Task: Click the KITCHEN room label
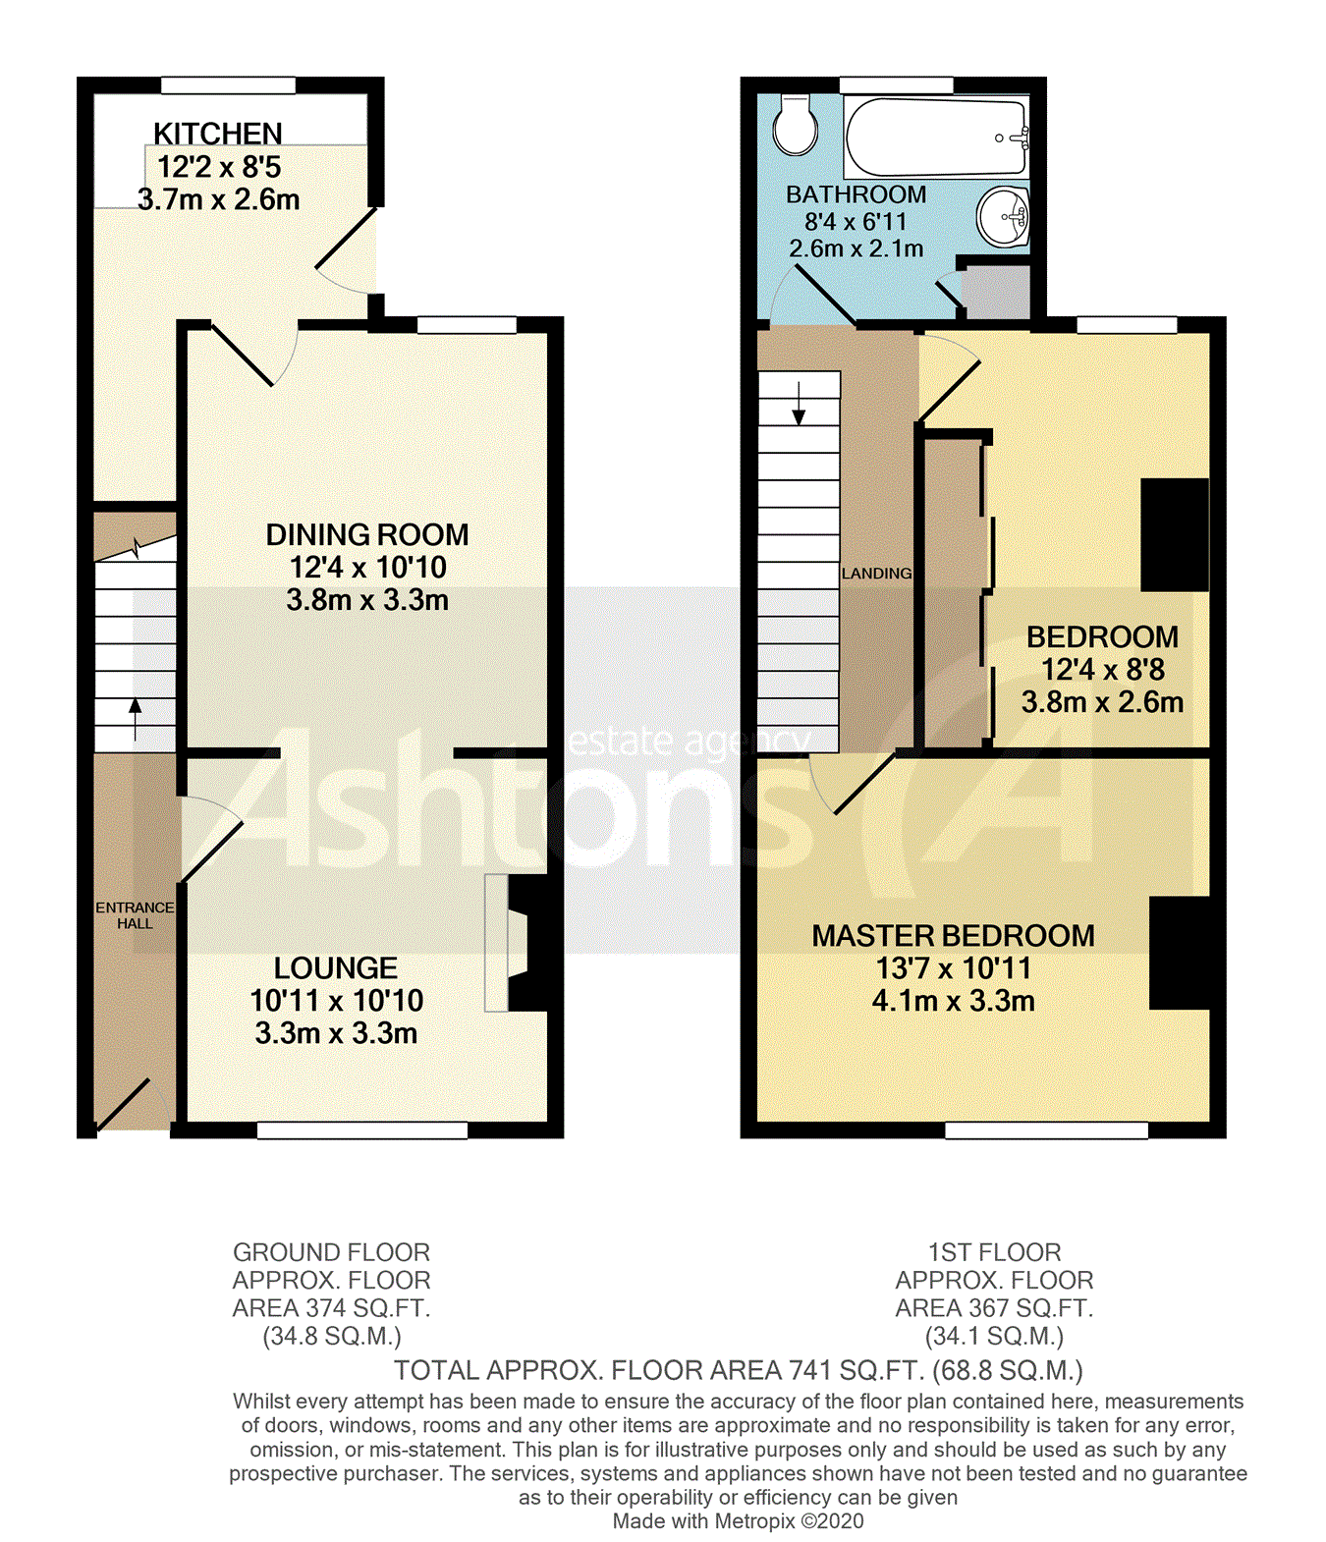(x=217, y=134)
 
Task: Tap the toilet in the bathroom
(x=795, y=126)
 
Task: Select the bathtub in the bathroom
(x=934, y=137)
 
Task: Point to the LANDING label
(x=876, y=574)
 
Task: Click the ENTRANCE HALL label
(x=135, y=915)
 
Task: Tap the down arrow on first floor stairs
(x=799, y=404)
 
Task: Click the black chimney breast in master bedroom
(x=1179, y=953)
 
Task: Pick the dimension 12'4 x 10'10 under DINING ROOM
(x=367, y=568)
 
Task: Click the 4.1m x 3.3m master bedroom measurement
(x=953, y=1002)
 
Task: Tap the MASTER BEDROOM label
(x=953, y=936)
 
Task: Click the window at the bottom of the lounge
(x=361, y=1130)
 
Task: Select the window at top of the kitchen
(x=228, y=85)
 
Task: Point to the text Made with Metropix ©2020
(x=738, y=1521)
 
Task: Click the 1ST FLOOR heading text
(x=994, y=1252)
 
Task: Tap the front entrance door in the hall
(x=123, y=1105)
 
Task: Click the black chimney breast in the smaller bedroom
(x=1174, y=534)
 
